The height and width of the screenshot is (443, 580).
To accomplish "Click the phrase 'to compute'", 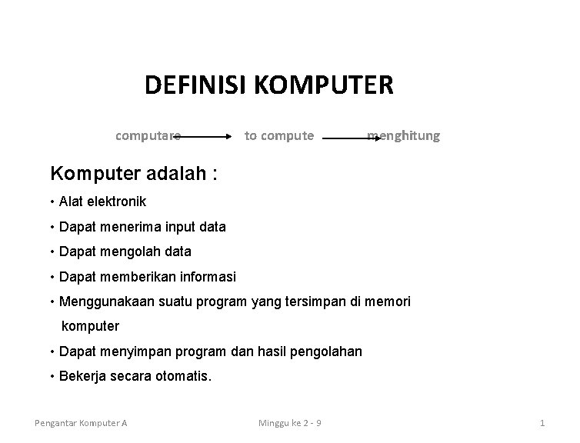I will pyautogui.click(x=278, y=136).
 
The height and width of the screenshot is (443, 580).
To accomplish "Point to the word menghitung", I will pyautogui.click(x=404, y=136).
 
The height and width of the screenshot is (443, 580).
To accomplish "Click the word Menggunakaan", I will pyautogui.click(x=103, y=301).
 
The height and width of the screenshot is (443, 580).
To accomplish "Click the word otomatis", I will pyautogui.click(x=182, y=377).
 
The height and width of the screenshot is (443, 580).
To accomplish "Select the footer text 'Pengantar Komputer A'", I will pyautogui.click(x=81, y=423).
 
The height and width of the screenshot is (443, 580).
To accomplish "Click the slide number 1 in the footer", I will pyautogui.click(x=542, y=423).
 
